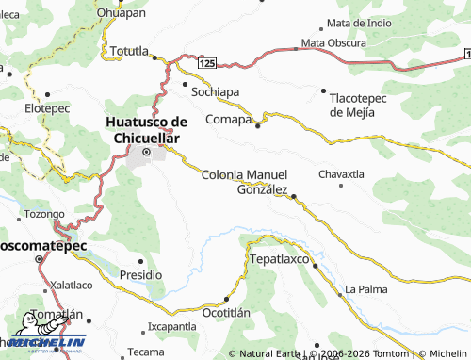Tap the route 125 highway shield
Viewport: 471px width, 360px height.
pos(207,62)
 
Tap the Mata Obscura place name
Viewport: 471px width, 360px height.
pos(334,43)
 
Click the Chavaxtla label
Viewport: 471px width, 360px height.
pos(341,174)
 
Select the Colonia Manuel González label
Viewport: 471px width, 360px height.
pos(245,182)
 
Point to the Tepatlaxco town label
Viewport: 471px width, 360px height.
pos(279,257)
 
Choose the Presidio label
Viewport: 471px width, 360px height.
pos(141,274)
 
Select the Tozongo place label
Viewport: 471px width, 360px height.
pos(43,214)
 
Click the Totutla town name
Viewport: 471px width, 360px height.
pos(130,50)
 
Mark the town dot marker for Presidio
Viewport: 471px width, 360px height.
pos(141,261)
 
